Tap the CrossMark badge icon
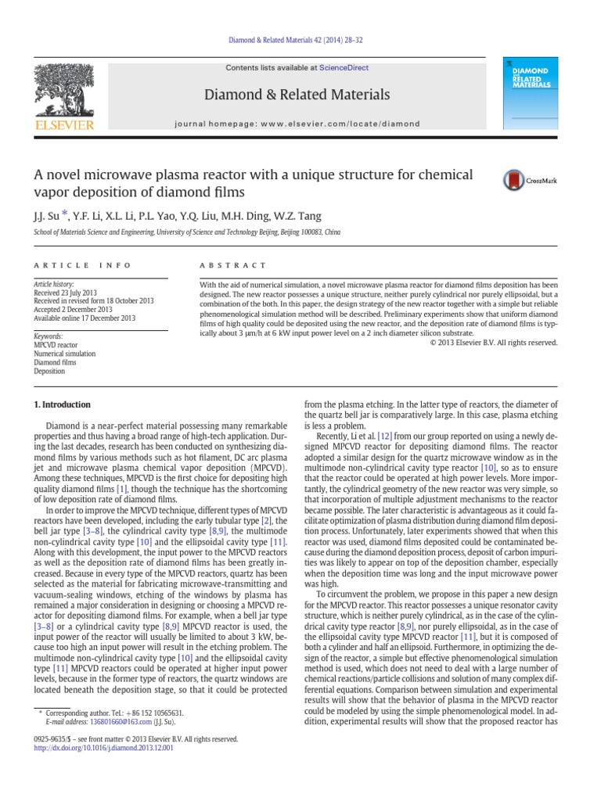click(520, 181)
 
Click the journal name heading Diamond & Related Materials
click(297, 95)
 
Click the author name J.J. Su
click(45, 216)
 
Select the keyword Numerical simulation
click(64, 354)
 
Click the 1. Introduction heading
click(61, 404)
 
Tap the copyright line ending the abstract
click(495, 342)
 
